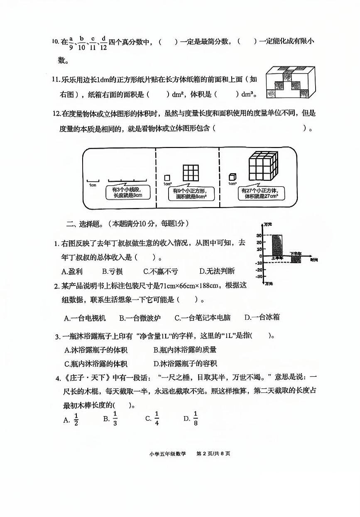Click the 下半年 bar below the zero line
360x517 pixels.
[x=295, y=260]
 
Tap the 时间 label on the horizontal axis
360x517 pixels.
[x=314, y=260]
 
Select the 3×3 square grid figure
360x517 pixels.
[x=191, y=172]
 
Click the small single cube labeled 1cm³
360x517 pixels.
[x=232, y=177]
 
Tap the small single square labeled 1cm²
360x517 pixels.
[x=167, y=177]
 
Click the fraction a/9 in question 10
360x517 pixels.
[x=71, y=42]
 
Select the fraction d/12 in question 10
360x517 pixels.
[x=103, y=42]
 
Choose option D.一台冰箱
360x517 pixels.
[x=262, y=318]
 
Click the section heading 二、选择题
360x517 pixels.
[x=83, y=224]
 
